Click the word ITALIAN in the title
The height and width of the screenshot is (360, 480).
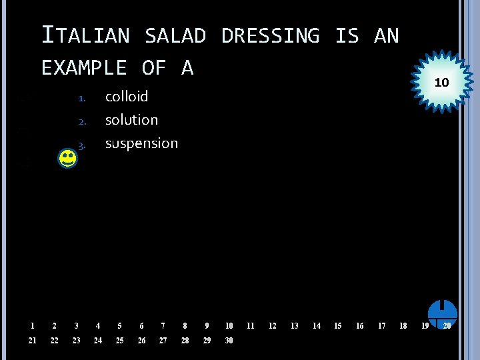(85, 35)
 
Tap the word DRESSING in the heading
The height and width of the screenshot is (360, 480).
(270, 35)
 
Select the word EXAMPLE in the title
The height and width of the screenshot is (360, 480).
(84, 67)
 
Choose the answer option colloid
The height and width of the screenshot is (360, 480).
(127, 97)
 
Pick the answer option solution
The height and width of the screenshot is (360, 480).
(131, 120)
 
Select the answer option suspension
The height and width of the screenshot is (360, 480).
(141, 143)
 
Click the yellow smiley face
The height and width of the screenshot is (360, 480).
(67, 159)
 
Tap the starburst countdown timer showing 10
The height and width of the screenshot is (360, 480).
(441, 83)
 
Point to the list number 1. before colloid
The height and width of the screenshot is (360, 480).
(82, 98)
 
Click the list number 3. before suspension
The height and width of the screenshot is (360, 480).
(82, 145)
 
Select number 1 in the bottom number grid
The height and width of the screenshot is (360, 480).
(32, 326)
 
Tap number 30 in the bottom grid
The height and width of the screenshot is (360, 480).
(229, 341)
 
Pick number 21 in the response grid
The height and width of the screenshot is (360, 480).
(33, 341)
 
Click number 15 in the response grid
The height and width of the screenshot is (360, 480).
(338, 326)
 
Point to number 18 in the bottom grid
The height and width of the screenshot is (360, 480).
(403, 326)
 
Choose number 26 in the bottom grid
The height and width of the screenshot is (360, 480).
(141, 341)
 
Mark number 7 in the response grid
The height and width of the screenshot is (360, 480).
(163, 326)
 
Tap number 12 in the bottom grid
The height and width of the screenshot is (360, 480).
(273, 326)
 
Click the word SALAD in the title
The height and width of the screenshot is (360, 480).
(175, 35)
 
